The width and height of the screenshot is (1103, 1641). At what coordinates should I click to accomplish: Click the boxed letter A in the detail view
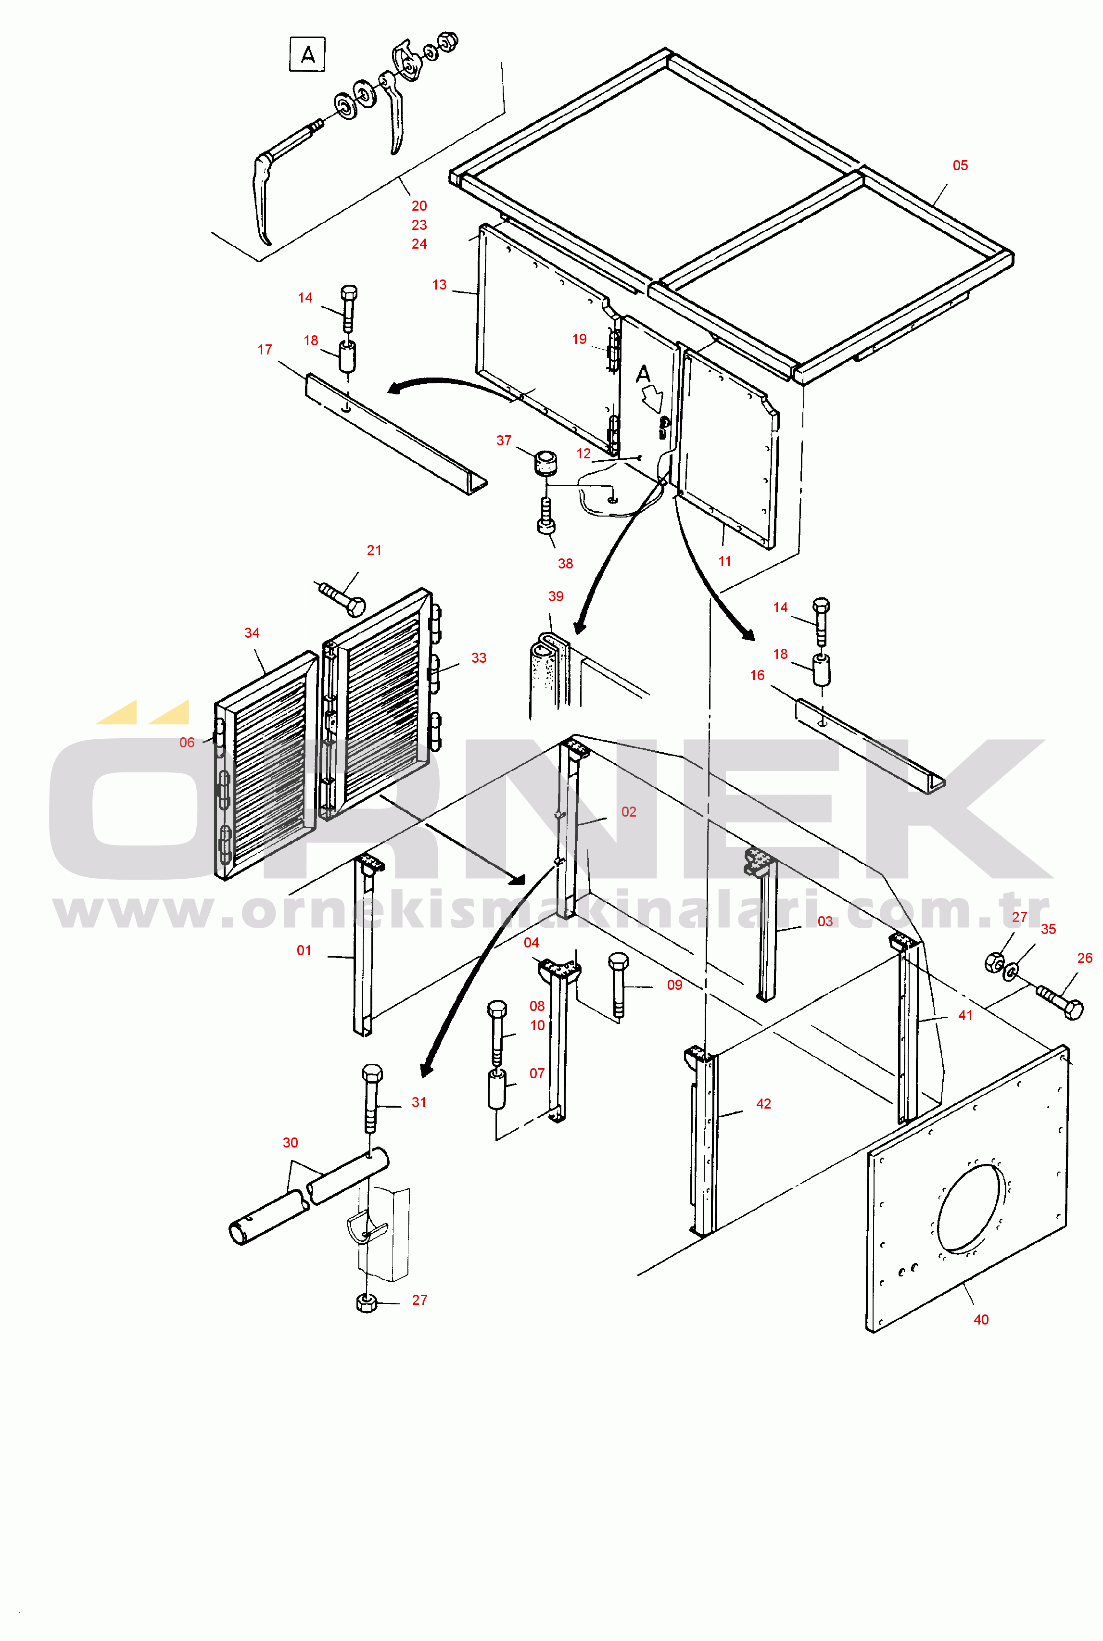(307, 55)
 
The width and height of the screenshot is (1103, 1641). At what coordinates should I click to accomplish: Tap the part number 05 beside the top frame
(960, 165)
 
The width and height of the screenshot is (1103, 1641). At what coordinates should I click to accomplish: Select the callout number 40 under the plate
(981, 1320)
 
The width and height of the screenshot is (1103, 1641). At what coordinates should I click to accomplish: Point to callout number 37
(504, 441)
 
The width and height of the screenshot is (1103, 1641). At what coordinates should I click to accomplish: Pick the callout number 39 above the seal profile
(556, 596)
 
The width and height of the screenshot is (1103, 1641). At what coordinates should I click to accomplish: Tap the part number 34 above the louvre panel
(252, 633)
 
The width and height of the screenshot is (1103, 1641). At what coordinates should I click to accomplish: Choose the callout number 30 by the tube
(290, 1142)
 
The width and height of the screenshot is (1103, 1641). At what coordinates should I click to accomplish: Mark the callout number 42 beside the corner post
(763, 1104)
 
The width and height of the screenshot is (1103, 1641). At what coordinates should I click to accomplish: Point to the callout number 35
(1048, 929)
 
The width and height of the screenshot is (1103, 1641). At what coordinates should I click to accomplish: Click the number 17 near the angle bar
(265, 350)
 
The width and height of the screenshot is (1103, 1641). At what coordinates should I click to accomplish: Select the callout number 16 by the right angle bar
(757, 675)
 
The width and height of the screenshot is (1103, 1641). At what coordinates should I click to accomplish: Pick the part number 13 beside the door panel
(439, 285)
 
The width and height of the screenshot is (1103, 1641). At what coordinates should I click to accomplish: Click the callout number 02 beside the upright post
(628, 812)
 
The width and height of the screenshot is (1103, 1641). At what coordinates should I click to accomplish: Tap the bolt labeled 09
(618, 985)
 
